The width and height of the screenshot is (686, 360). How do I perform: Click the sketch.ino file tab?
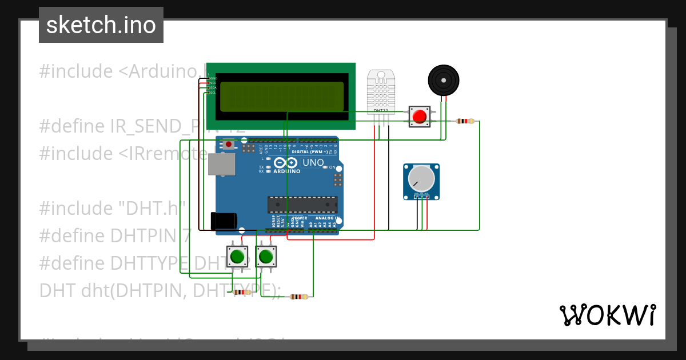click(101, 25)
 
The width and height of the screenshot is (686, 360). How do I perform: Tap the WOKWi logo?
click(607, 315)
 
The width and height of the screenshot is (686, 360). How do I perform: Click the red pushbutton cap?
click(420, 117)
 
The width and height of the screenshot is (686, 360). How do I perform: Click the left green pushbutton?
click(237, 257)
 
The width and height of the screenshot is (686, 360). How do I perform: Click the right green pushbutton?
click(266, 257)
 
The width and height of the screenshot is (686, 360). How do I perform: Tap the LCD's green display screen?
click(282, 96)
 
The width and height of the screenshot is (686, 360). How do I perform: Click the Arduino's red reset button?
click(229, 145)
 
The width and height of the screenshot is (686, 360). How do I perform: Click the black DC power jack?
click(224, 221)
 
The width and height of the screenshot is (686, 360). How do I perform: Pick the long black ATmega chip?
click(302, 205)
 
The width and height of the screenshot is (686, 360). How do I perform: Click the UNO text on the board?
click(313, 163)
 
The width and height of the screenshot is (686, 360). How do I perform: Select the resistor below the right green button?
click(299, 296)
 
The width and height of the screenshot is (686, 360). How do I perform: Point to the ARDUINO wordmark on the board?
click(287, 171)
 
